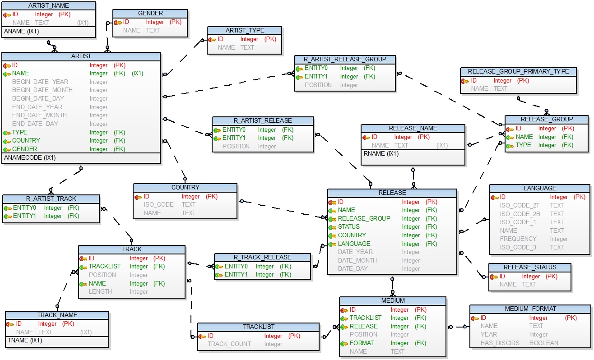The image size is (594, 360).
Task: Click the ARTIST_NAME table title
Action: (49, 5)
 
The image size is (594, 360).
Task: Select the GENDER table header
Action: (150, 13)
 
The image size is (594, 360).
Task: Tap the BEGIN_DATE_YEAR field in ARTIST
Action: (40, 82)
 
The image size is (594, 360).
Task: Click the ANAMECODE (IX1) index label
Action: (30, 158)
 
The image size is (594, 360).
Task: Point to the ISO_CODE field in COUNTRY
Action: (159, 204)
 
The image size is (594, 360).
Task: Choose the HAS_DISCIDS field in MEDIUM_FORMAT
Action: (500, 343)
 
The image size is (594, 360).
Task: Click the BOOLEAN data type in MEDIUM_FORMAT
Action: (543, 343)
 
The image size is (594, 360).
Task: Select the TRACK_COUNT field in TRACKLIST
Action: (229, 344)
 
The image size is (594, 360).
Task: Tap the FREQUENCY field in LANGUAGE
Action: (518, 239)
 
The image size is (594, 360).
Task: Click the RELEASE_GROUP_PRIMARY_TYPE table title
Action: (518, 71)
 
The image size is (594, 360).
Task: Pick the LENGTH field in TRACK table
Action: (100, 291)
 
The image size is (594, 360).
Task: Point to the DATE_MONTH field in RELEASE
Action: (357, 260)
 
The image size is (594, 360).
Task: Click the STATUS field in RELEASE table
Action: (349, 226)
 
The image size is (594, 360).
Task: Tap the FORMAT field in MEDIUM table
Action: (362, 343)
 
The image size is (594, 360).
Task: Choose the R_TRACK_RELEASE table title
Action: (262, 257)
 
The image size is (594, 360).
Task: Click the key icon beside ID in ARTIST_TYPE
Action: (213, 39)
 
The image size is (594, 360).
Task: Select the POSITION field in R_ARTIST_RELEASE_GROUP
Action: (318, 85)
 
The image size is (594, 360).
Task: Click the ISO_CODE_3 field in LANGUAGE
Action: (518, 247)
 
